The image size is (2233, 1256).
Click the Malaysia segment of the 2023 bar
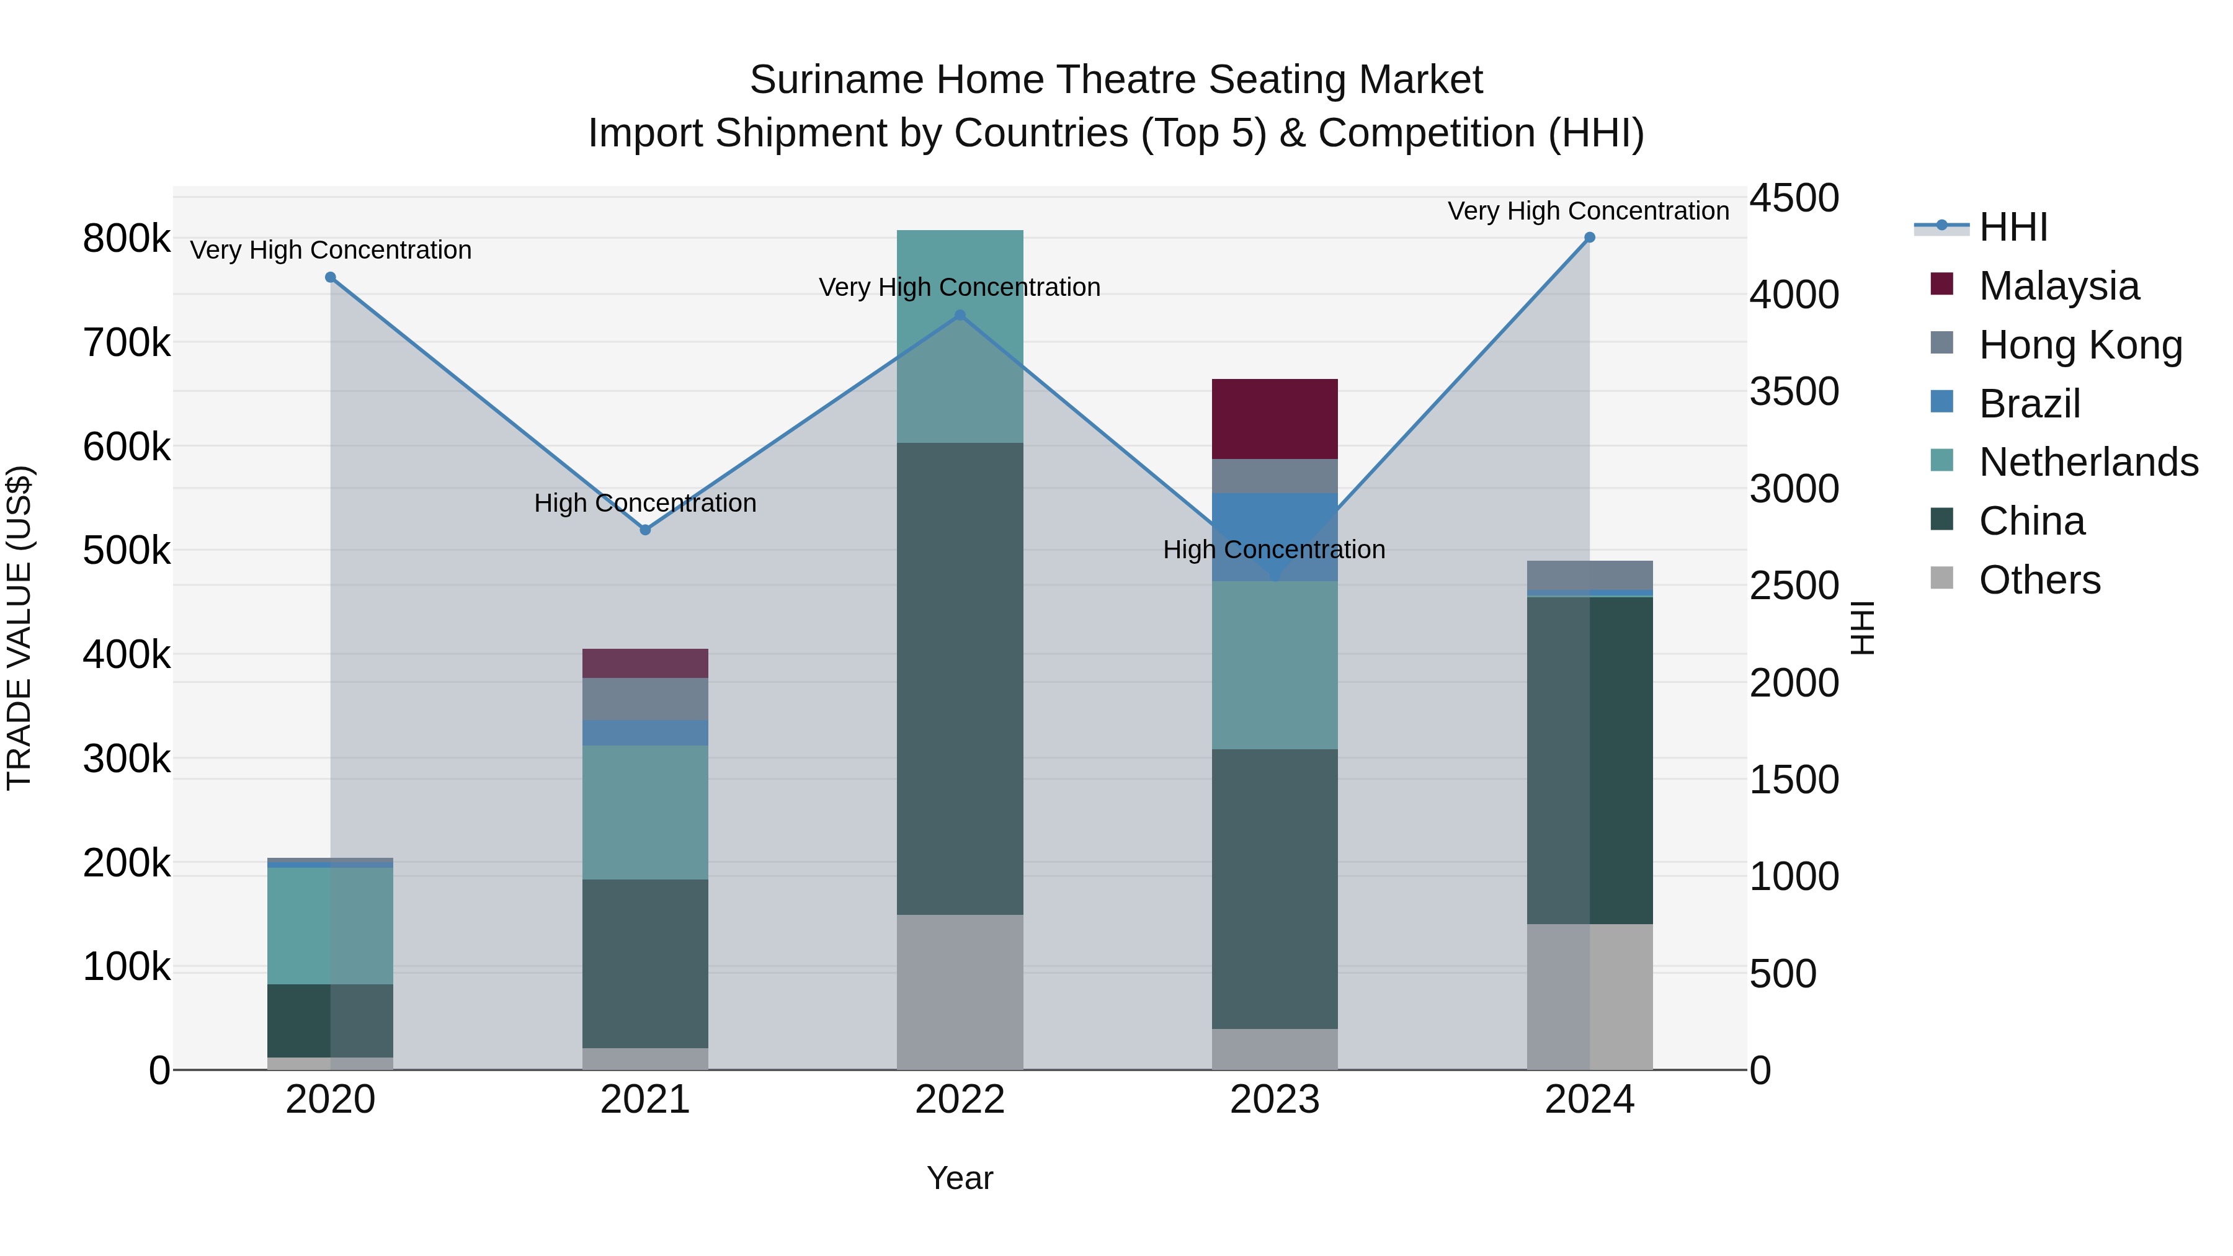1274,419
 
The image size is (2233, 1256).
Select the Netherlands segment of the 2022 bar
960,336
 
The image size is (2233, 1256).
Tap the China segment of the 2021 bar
645,963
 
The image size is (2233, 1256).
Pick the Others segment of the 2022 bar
960,992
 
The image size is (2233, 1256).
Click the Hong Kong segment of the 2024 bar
1589,575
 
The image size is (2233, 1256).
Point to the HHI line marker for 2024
1589,238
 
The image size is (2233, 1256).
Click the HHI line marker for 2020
330,277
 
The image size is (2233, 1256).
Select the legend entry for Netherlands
2087,462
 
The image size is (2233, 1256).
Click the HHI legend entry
2013,227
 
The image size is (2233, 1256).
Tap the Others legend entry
2039,580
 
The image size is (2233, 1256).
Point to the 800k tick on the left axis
127,238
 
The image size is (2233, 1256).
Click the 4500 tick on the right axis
1793,198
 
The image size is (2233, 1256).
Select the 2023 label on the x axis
1274,1100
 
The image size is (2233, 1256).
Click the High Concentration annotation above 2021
645,503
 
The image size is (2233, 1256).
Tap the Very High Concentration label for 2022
960,287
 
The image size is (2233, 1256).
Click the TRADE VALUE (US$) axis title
19,628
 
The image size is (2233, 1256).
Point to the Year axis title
960,1178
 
